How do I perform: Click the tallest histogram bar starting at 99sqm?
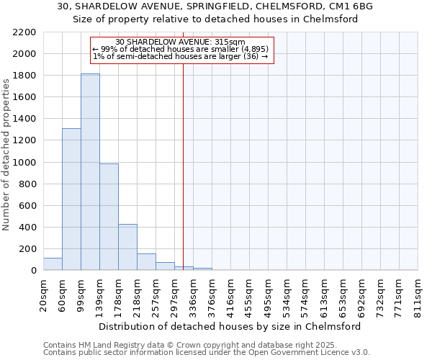click(90, 173)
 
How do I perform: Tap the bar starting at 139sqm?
click(109, 217)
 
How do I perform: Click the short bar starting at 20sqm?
click(53, 264)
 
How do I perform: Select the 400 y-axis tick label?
click(28, 228)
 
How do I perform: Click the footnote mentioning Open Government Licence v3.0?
click(207, 353)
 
